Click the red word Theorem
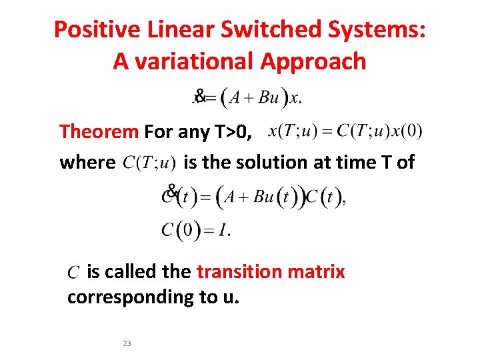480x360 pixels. pos(99,131)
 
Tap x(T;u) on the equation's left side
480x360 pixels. pos(291,131)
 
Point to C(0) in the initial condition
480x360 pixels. pos(181,231)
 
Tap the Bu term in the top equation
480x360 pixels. pos(268,98)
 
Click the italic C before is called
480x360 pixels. pos(74,273)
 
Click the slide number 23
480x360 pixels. pos(127,343)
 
